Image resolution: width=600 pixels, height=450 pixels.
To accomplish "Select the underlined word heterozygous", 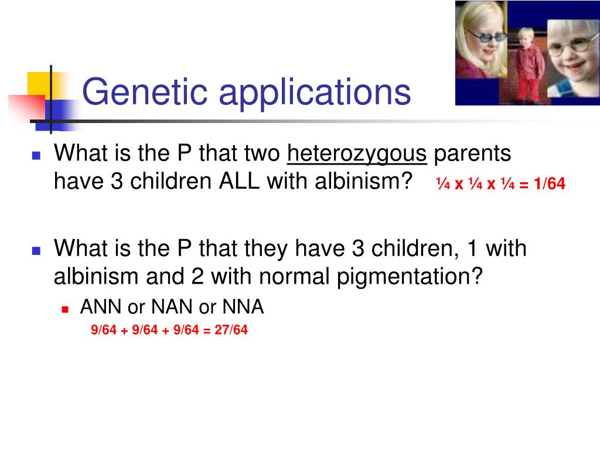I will pyautogui.click(x=356, y=154).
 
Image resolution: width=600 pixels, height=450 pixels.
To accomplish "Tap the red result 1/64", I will pyautogui.click(x=548, y=185).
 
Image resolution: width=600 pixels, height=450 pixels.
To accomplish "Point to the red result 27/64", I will pyautogui.click(x=231, y=330).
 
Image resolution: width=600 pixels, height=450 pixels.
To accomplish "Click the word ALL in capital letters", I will pyautogui.click(x=240, y=181).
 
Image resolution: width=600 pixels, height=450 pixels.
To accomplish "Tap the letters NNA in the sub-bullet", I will pyautogui.click(x=243, y=307).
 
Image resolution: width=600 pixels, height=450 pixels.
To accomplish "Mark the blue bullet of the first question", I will pyautogui.click(x=36, y=156).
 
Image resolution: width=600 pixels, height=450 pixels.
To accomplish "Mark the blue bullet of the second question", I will pyautogui.click(x=36, y=251).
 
